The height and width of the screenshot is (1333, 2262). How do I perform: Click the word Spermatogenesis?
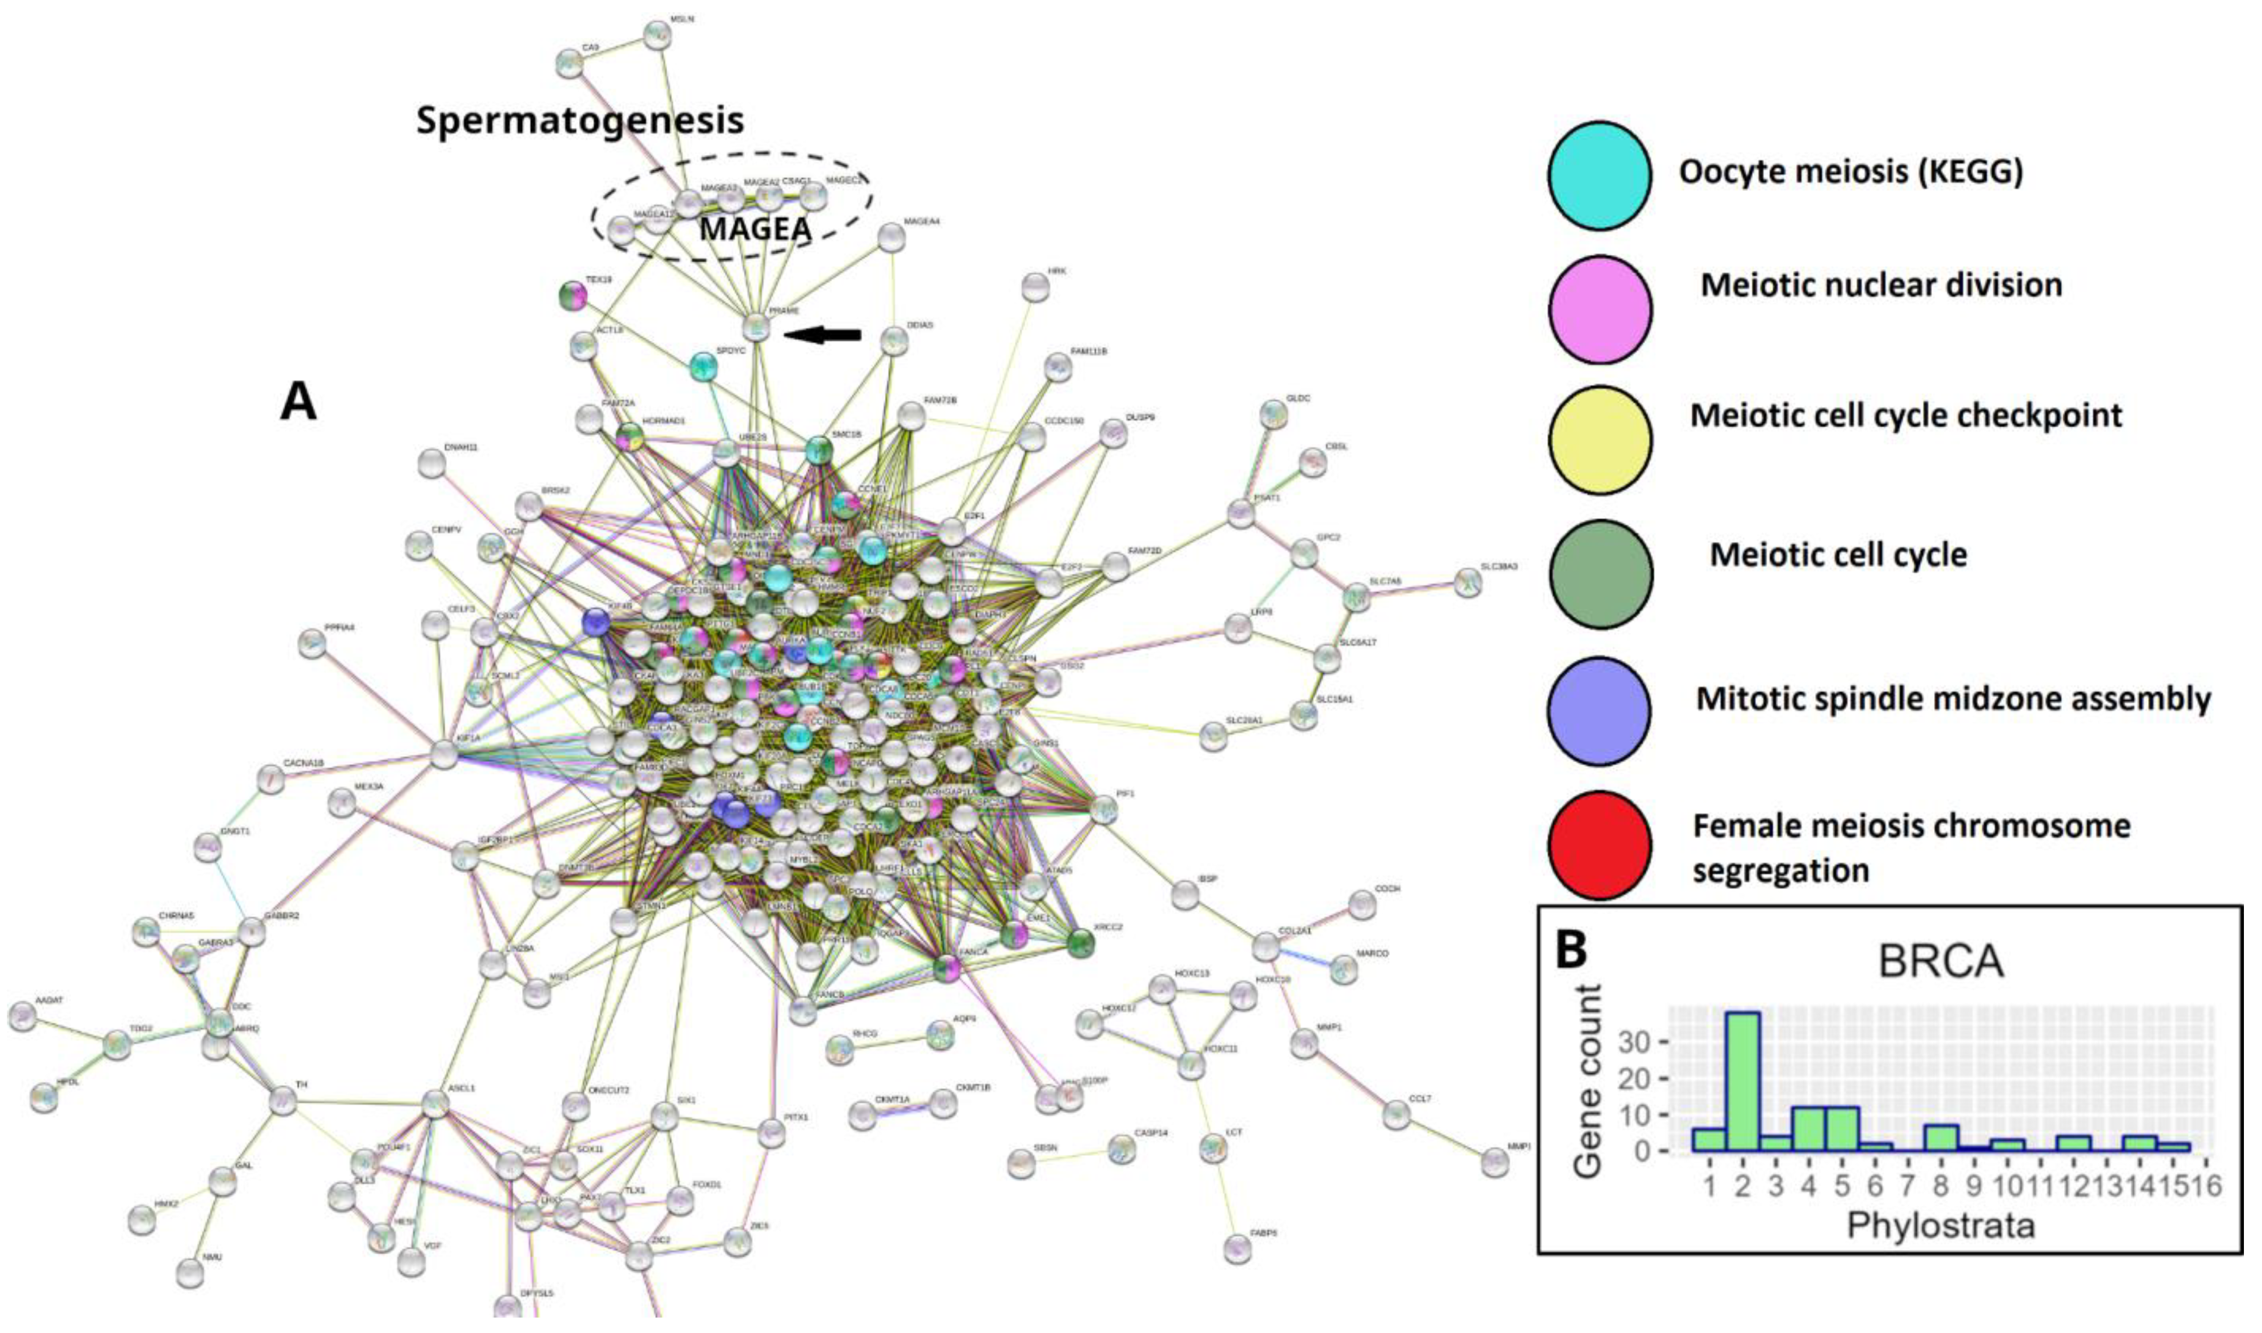(580, 120)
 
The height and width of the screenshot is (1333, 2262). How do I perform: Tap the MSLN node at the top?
(658, 35)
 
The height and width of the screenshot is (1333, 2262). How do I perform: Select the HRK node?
(1035, 287)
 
